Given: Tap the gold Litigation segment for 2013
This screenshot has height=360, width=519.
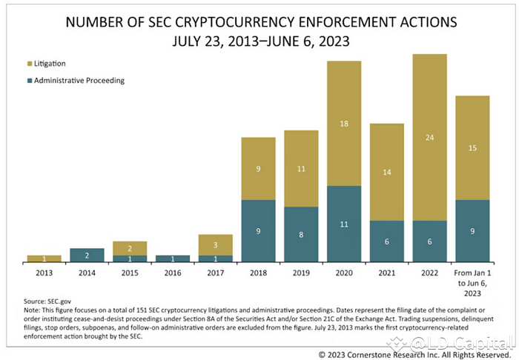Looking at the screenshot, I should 44,259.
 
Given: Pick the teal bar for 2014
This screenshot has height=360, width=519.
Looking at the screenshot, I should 87,255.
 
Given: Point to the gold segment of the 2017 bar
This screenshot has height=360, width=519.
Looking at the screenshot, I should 215,245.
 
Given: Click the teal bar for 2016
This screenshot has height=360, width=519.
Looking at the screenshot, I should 172,259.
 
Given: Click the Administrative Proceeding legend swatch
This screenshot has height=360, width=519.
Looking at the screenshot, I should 30,81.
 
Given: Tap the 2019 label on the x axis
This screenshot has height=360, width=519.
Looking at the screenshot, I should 301,273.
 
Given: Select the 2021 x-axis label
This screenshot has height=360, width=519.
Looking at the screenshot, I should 386,273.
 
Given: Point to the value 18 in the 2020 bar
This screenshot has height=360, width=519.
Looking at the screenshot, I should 344,123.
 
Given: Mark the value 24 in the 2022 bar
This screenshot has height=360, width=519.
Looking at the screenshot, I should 429,137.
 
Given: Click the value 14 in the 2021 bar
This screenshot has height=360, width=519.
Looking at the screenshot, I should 386,172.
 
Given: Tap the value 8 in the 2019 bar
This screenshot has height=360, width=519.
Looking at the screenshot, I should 301,234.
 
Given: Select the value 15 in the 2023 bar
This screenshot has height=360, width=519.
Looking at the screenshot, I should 472,147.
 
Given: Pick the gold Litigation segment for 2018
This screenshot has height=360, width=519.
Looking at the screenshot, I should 258,169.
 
